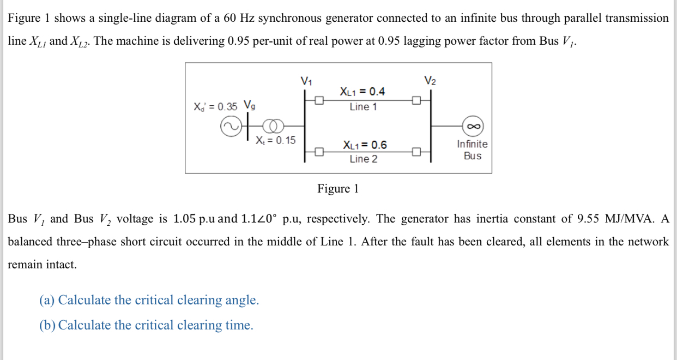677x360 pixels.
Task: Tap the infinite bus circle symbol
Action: (473, 126)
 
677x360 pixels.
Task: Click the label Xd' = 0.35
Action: (215, 106)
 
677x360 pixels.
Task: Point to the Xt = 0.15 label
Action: (276, 140)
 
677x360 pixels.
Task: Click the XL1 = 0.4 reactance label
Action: (362, 92)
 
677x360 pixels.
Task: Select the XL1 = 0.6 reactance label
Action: (364, 145)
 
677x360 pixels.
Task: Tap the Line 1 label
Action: (363, 107)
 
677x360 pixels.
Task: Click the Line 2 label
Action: (363, 159)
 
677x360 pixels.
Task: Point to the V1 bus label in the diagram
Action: (306, 81)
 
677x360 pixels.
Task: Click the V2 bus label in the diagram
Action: (430, 81)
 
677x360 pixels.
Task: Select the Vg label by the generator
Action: (249, 105)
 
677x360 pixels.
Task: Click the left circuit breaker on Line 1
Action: (319, 100)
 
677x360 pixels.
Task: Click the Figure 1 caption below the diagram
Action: (338, 189)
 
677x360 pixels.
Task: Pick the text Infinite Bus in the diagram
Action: (472, 150)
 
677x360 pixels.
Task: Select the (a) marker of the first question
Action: (47, 300)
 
